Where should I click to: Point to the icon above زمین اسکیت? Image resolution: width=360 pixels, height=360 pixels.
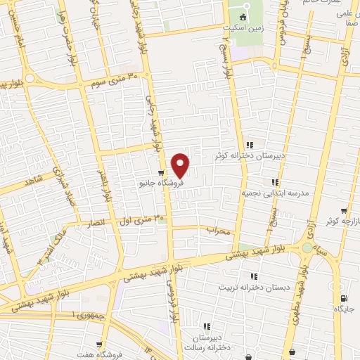pos(244,17)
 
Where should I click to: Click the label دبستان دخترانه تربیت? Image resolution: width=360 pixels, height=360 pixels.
pos(253,287)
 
